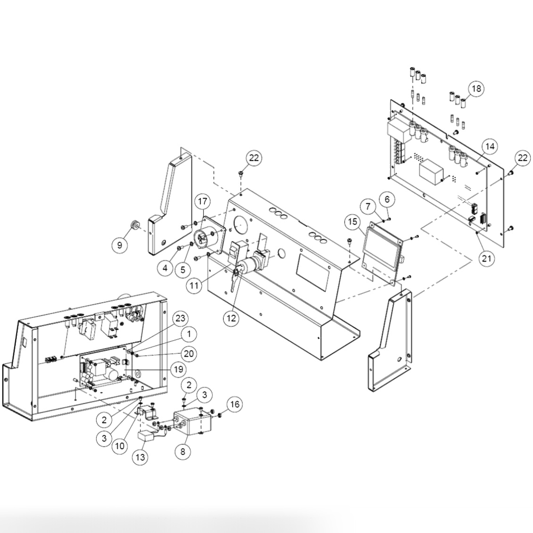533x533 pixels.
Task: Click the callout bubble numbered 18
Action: (476, 89)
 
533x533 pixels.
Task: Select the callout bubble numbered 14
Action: (490, 146)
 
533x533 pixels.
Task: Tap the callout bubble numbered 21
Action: (486, 258)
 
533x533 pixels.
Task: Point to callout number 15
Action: (352, 221)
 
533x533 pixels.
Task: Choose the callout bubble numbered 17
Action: (202, 202)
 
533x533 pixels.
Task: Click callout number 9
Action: (387, 200)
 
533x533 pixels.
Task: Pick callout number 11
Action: (194, 285)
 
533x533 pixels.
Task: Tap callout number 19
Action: (178, 369)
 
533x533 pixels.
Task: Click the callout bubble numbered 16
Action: (234, 404)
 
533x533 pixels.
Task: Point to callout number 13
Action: (141, 457)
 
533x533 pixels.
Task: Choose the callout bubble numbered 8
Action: (183, 451)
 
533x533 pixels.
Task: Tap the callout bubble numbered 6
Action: (387, 200)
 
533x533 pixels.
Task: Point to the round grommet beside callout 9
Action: (134, 226)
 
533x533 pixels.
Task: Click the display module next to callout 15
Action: (383, 250)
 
